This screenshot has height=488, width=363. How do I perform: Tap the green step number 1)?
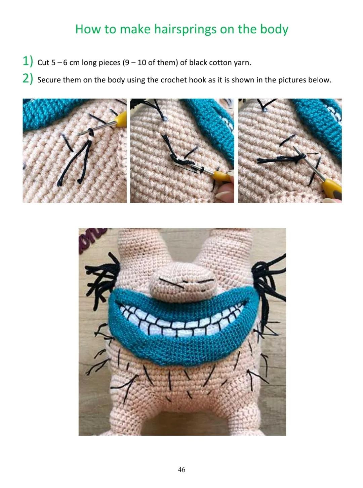[x=28, y=61]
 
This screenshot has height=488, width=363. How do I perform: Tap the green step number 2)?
[x=28, y=79]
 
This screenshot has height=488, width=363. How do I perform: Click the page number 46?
[x=182, y=469]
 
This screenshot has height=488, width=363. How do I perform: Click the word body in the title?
[x=274, y=29]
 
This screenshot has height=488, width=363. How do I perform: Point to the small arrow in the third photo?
[x=313, y=153]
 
